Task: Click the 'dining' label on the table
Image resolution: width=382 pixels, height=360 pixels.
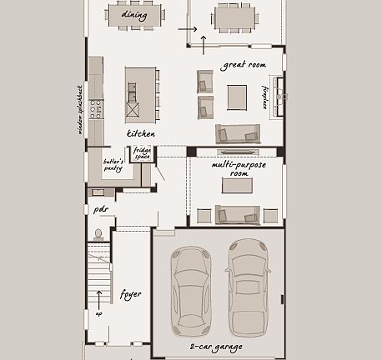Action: tap(133, 15)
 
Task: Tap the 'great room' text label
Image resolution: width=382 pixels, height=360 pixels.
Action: tap(244, 64)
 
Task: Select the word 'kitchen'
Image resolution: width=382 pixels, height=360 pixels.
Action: tap(141, 133)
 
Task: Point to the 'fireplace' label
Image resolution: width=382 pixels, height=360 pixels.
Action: tap(266, 97)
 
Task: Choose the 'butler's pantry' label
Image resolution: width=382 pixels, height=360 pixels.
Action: tap(113, 165)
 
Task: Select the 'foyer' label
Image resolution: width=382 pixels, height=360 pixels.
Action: tap(130, 293)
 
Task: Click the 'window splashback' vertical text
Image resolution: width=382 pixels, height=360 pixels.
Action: tap(80, 108)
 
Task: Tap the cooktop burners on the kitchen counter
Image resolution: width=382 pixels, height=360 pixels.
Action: tap(96, 108)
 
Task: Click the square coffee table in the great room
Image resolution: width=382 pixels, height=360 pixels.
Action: tap(238, 97)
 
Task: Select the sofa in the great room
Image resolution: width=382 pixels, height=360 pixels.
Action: tap(238, 133)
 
